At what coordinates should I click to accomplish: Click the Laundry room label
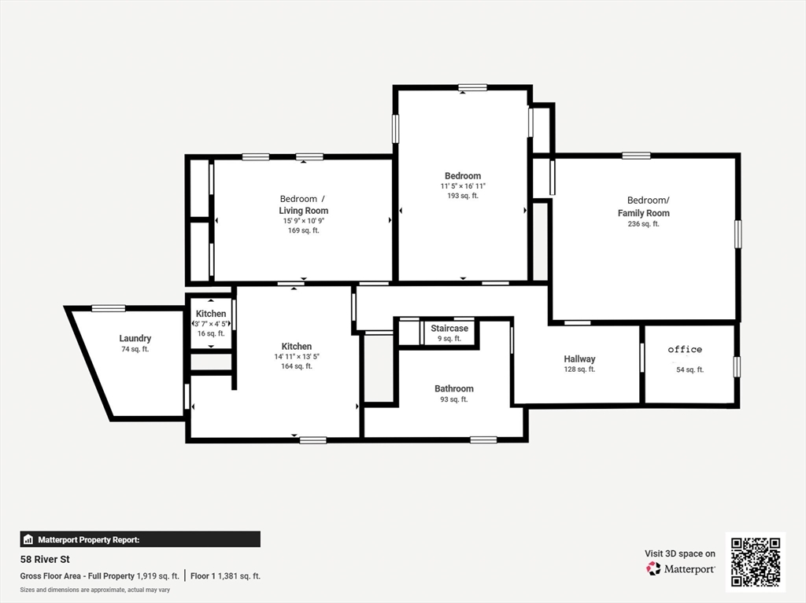[135, 339]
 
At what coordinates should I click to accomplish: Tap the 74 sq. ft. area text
[135, 349]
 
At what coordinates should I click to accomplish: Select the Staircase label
[449, 329]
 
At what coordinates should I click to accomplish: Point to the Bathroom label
[454, 388]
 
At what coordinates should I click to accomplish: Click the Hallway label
[579, 359]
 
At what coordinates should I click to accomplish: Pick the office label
[685, 350]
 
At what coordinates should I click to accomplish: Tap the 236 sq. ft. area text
[643, 224]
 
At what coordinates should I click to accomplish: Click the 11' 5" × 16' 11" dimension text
[463, 186]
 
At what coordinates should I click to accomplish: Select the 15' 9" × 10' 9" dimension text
[303, 221]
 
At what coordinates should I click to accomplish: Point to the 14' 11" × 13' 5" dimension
[297, 356]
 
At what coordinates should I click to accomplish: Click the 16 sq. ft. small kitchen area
[211, 333]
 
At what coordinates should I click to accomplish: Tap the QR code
[755, 561]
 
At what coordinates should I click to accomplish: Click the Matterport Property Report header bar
[139, 539]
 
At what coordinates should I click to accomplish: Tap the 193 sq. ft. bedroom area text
[463, 196]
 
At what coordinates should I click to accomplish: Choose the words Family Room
[643, 213]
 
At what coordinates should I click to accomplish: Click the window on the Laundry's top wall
[109, 308]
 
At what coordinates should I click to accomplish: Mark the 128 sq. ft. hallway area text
[579, 370]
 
